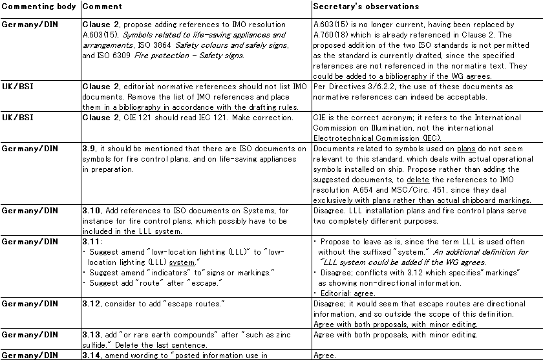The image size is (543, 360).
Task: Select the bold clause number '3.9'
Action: (89, 149)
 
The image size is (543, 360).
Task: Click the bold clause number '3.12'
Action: (91, 303)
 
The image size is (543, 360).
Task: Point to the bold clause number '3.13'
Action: (91, 335)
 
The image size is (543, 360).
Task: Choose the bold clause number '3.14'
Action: (91, 355)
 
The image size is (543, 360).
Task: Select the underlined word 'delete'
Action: (417, 180)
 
